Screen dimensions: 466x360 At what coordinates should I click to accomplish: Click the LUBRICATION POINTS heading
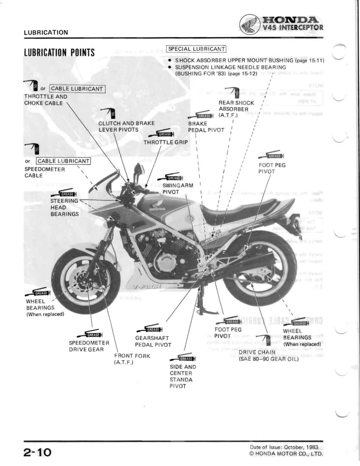59,52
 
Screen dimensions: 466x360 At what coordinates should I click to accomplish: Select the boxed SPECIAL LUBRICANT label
196,49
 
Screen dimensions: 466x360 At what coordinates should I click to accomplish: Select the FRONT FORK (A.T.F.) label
131,359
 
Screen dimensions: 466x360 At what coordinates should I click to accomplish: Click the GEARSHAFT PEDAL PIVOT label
153,341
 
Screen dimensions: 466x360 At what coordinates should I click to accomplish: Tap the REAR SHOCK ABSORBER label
233,109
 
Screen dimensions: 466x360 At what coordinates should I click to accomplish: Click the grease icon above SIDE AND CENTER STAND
186,358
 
